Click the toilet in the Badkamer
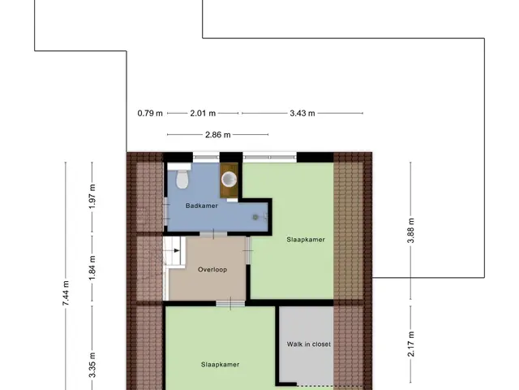tap(182, 179)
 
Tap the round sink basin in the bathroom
tap(229, 180)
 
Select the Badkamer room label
tap(202, 206)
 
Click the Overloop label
tap(212, 270)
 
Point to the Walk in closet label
tap(309, 344)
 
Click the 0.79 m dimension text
tap(150, 114)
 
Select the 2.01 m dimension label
tap(203, 114)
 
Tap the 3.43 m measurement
tap(302, 114)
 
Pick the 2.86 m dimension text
tap(218, 135)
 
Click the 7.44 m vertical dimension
tap(66, 293)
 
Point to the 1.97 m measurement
tap(92, 197)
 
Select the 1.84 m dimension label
tap(92, 267)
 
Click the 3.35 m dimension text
tap(92, 365)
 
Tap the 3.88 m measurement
tap(411, 231)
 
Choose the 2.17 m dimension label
tap(411, 344)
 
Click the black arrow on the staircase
tap(177, 250)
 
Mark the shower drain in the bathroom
tap(255, 217)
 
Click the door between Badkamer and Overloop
tap(213, 234)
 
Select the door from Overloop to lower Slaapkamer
tap(230, 303)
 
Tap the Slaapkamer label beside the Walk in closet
tap(220, 365)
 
